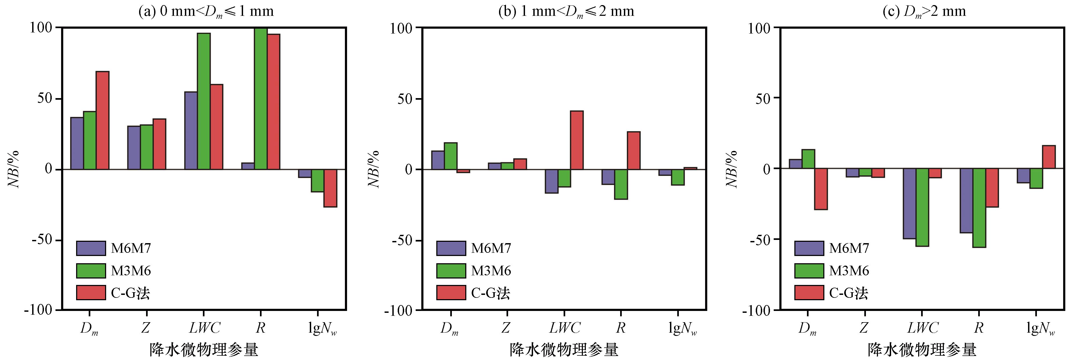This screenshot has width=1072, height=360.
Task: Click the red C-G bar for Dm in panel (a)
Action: (x=102, y=120)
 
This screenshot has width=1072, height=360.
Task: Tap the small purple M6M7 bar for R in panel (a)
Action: (x=248, y=166)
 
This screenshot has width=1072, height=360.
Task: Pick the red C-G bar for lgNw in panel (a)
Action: (x=330, y=188)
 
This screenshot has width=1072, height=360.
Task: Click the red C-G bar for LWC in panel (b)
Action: (x=577, y=140)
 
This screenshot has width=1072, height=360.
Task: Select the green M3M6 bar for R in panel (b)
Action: (x=621, y=184)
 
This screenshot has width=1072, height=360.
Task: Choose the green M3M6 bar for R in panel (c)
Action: (x=979, y=208)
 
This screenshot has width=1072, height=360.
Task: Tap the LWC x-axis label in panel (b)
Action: (x=564, y=328)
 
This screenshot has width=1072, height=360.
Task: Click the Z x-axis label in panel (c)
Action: (x=863, y=328)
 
